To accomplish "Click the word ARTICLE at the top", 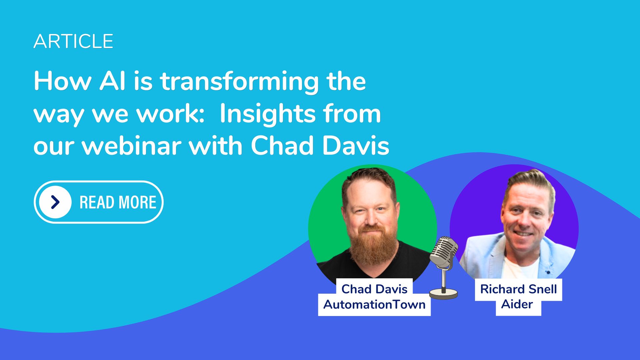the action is point(73,41).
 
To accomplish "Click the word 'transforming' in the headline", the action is point(239,82).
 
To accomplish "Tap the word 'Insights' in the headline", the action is point(267,114).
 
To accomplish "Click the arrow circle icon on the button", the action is point(55,202).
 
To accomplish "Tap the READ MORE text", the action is point(118,202).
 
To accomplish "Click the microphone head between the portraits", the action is point(443,252).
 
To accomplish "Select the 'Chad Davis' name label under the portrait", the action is point(374,289).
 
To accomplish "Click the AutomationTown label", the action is point(374,304).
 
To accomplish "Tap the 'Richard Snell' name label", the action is point(518,289).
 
